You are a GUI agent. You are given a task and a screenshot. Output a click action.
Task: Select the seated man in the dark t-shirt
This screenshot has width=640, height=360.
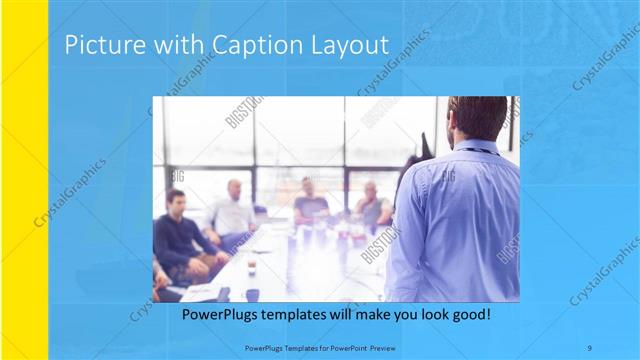310,204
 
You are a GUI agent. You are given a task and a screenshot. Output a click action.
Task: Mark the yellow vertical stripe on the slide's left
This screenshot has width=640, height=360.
24,180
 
